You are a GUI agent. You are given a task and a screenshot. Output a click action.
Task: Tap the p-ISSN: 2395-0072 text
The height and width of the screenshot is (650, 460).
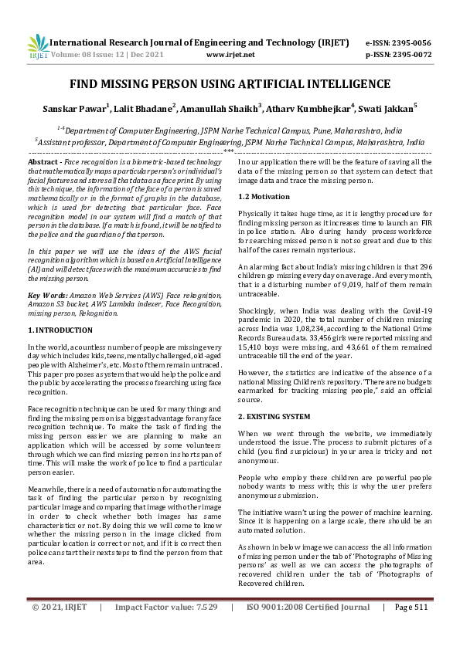(398, 55)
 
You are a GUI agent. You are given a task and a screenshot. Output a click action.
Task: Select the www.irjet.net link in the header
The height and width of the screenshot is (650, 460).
(231, 55)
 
